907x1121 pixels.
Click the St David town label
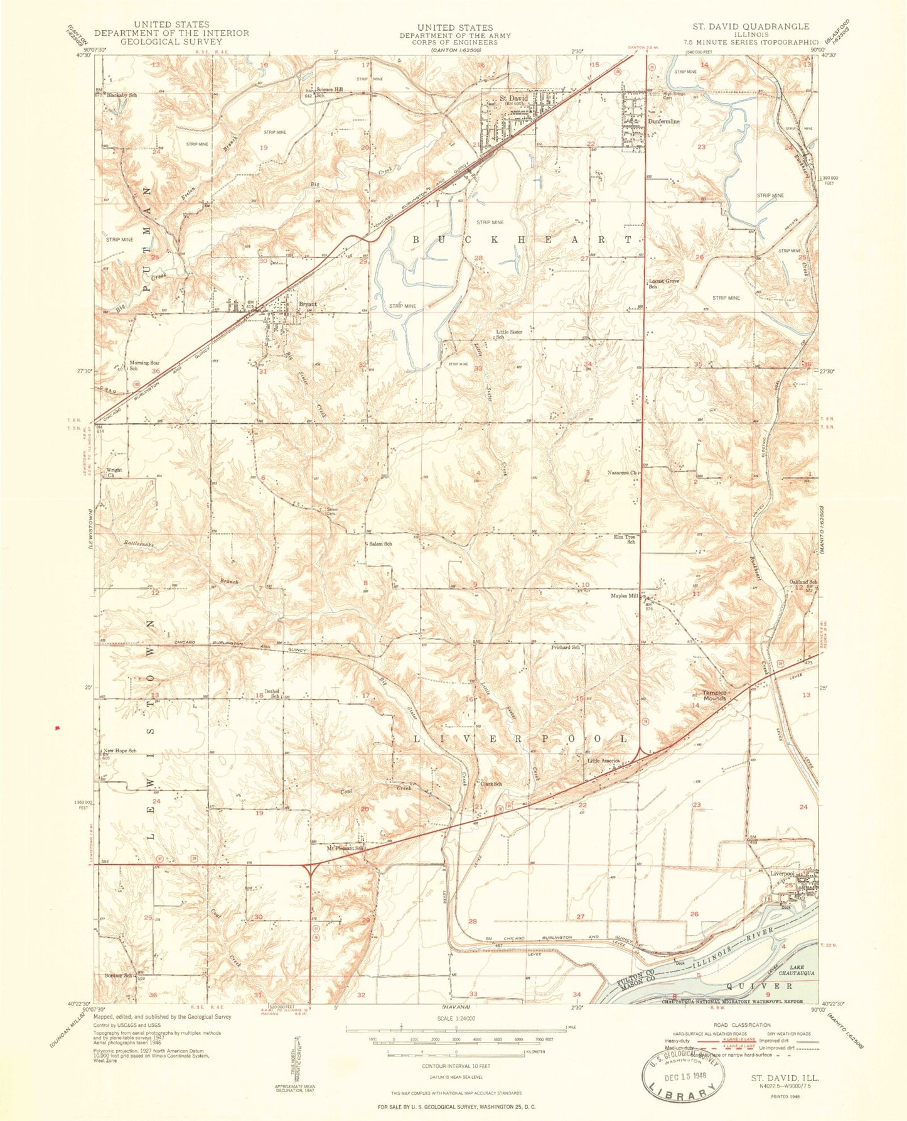pos(513,99)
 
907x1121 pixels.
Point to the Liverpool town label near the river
pos(783,874)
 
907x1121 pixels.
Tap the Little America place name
pos(603,761)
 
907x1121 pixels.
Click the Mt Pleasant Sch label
pos(345,848)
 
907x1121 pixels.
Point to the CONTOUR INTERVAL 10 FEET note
pos(456,1066)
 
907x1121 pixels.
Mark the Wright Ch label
pos(114,472)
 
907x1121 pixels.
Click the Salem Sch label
pos(380,544)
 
